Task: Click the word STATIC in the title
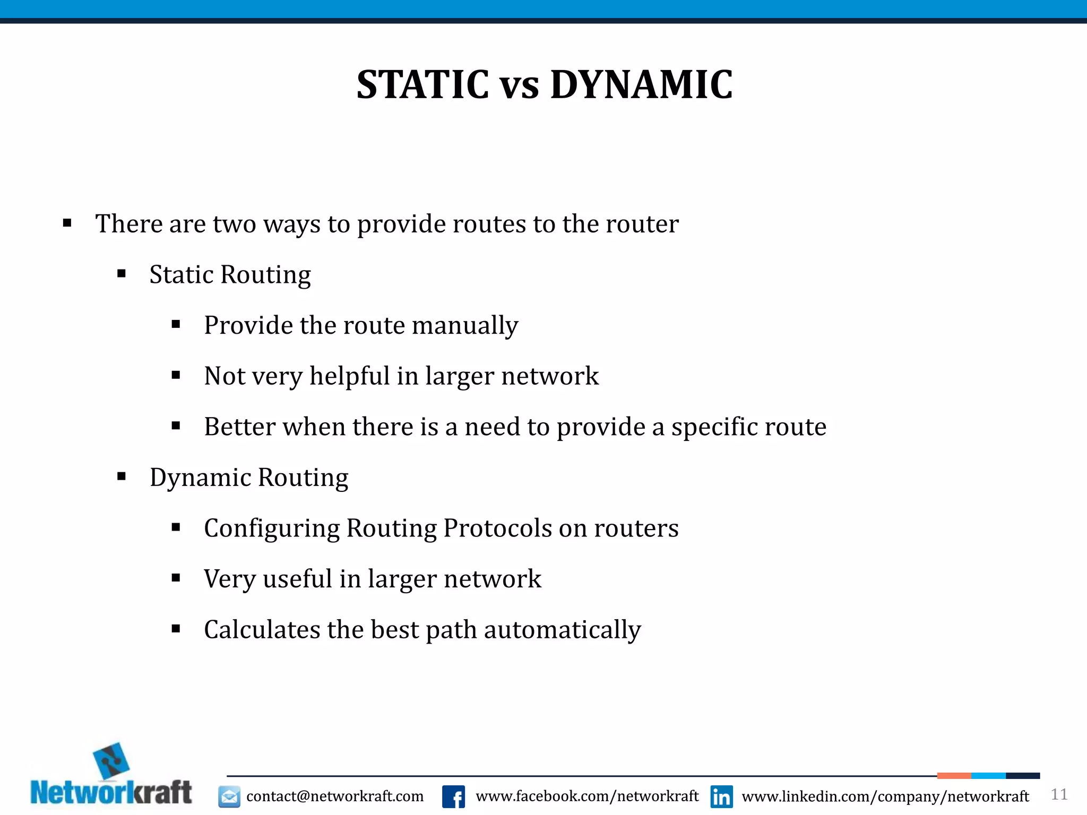(x=422, y=85)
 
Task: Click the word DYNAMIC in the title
(x=641, y=85)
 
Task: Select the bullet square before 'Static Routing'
(x=122, y=274)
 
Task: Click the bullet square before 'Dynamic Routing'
(x=122, y=476)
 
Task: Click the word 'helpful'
(x=349, y=376)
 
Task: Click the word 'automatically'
(x=562, y=630)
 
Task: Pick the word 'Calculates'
(x=262, y=630)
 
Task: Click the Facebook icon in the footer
(x=453, y=796)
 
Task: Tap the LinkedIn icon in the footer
(x=721, y=796)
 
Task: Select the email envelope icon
(x=229, y=796)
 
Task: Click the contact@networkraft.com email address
(x=335, y=796)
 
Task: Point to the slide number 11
(x=1059, y=794)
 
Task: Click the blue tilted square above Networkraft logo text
(x=111, y=761)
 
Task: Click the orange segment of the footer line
(x=954, y=776)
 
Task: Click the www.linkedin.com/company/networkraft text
(x=885, y=796)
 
